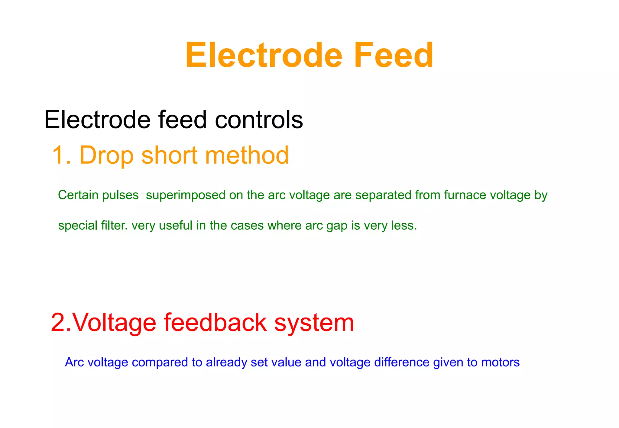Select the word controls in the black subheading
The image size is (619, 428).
259,120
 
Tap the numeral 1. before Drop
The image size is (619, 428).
61,155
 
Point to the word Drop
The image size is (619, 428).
106,155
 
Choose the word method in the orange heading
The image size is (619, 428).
247,155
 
